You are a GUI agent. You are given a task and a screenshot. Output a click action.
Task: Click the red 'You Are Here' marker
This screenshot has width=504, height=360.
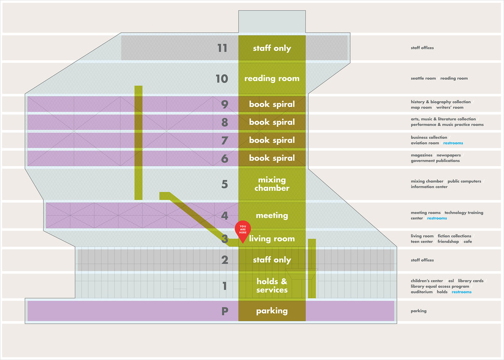click(x=243, y=231)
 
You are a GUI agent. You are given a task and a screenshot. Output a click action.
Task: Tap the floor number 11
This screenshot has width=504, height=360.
click(x=222, y=48)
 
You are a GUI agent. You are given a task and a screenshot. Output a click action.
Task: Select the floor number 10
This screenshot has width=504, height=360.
click(x=222, y=79)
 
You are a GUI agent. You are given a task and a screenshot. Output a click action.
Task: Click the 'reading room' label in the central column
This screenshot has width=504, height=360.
click(x=272, y=79)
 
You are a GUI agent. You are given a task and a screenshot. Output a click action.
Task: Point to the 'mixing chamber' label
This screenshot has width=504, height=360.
click(x=272, y=184)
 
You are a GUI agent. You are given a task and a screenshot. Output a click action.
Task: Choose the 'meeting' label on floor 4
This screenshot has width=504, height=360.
click(x=272, y=215)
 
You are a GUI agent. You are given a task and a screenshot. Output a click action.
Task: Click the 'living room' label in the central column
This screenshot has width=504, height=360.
click(x=272, y=238)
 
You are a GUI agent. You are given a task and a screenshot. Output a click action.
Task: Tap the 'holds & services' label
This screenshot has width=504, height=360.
click(x=272, y=285)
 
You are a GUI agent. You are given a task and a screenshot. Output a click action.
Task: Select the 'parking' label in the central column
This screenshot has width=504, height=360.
click(x=272, y=311)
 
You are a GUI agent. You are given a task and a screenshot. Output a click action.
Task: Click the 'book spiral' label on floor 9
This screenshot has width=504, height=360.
click(x=272, y=104)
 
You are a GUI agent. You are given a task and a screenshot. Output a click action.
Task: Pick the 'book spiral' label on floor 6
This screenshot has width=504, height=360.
click(x=272, y=158)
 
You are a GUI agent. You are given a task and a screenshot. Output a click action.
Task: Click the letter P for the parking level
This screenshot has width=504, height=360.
click(x=225, y=311)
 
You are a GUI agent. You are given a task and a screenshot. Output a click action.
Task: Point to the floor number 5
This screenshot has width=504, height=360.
click(x=225, y=184)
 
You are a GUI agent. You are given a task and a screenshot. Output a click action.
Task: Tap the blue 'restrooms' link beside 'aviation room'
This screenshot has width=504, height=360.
click(x=453, y=143)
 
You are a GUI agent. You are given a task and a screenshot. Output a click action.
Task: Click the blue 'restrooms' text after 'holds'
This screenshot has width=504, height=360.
click(x=462, y=292)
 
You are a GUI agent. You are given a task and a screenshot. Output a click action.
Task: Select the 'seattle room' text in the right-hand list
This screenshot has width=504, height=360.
click(x=423, y=78)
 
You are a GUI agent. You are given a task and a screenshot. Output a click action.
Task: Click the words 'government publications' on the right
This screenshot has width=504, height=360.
click(x=435, y=161)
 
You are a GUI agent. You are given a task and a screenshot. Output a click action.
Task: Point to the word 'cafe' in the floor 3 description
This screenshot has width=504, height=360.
click(x=468, y=242)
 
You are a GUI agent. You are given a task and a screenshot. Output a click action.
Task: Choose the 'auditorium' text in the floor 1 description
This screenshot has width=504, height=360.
click(x=422, y=292)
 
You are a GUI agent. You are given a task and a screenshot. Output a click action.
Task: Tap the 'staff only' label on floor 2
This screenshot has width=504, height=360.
click(x=272, y=260)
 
